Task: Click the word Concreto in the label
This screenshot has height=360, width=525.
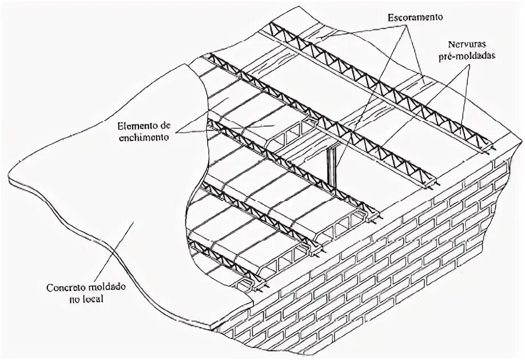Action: click(x=63, y=287)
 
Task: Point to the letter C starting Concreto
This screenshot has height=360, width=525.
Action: click(x=49, y=287)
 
